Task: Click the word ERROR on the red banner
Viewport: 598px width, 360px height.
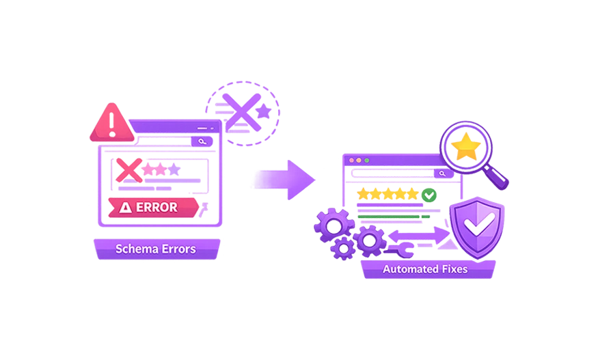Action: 157,207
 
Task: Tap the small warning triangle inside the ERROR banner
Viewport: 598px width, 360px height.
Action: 125,208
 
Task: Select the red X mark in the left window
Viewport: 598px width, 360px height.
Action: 128,169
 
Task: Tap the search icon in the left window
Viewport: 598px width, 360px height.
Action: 202,141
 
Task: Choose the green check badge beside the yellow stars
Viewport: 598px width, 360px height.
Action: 428,196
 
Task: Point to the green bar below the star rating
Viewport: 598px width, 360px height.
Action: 392,217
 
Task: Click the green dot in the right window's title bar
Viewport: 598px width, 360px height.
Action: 367,161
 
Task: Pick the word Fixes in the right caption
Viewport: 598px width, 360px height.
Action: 454,269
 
